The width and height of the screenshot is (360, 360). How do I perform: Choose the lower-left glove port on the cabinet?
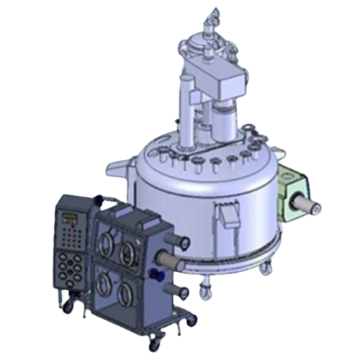106,286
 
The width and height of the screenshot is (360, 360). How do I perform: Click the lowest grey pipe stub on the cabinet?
181,292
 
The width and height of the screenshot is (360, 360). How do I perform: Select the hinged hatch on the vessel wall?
228,214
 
